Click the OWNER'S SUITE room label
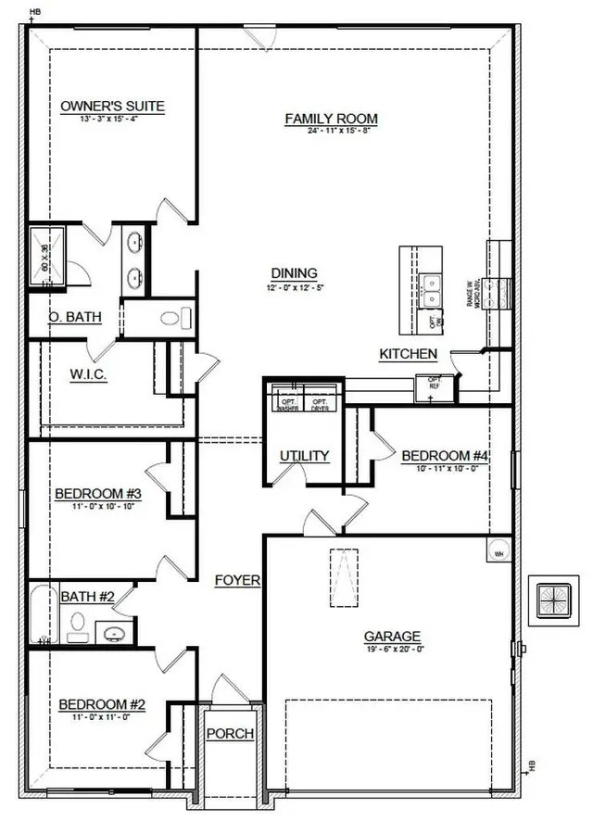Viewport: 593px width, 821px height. click(112, 107)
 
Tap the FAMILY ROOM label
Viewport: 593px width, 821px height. click(331, 119)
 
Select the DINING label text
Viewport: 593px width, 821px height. click(294, 273)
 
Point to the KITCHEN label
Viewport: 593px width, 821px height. click(408, 354)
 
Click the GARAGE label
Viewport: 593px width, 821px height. click(391, 637)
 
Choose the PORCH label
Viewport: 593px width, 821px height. click(230, 734)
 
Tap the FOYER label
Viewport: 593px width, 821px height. click(237, 581)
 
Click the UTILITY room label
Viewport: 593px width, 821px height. click(305, 456)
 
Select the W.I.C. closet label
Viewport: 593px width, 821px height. click(90, 375)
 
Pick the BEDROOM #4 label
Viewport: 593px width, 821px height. click(444, 456)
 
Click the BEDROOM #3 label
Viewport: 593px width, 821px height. click(97, 493)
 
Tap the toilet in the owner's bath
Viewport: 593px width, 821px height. click(170, 320)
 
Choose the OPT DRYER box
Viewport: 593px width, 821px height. click(321, 403)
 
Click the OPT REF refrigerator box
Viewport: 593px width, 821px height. click(432, 387)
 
